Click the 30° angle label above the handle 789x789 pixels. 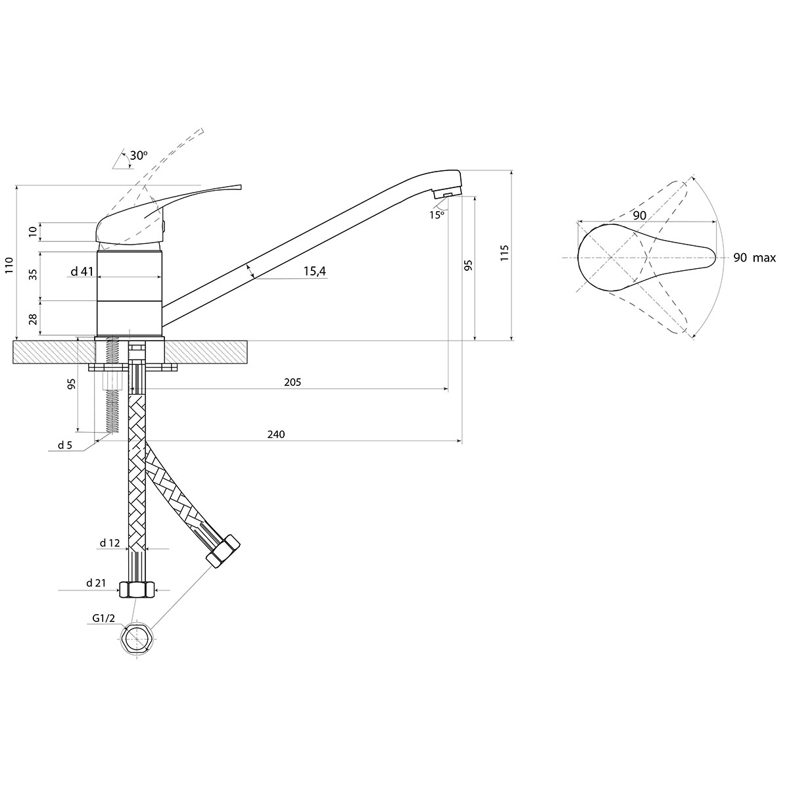(x=139, y=155)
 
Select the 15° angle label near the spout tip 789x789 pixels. (x=437, y=214)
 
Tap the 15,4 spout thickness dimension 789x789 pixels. (x=316, y=272)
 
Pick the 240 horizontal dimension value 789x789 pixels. (x=276, y=434)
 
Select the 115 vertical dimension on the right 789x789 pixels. (x=504, y=253)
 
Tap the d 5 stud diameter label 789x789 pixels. (x=65, y=445)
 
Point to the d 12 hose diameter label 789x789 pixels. (x=110, y=543)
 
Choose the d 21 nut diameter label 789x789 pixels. (x=96, y=583)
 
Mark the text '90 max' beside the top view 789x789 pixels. (x=754, y=258)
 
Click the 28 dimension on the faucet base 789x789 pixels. (x=34, y=320)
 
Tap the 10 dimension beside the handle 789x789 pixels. (x=34, y=231)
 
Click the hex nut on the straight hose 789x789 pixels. (x=136, y=589)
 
